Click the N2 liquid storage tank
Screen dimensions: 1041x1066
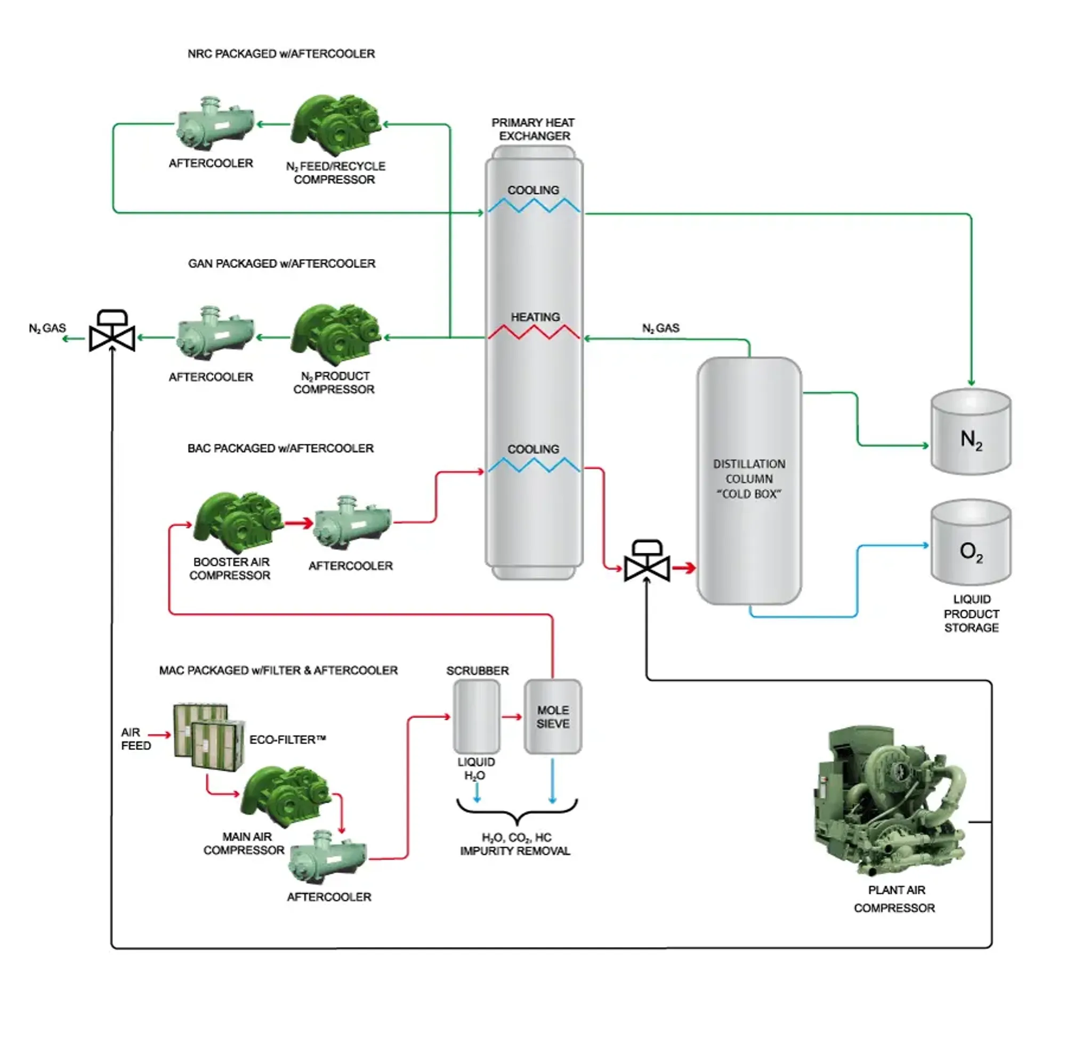tap(971, 432)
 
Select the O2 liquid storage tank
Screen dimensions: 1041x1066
tap(971, 543)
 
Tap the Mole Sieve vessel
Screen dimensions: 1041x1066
tap(552, 716)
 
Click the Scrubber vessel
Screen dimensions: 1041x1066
tap(476, 716)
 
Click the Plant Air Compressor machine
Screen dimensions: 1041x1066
tap(890, 801)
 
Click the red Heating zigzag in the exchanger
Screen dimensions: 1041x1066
tap(534, 332)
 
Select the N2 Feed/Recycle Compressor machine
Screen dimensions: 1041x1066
tap(336, 125)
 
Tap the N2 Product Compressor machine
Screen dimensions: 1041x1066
tap(336, 335)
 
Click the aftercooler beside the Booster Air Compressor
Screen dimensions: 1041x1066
tap(353, 524)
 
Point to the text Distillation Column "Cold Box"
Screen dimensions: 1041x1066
tap(748, 479)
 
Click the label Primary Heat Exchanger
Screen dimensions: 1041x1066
tap(533, 129)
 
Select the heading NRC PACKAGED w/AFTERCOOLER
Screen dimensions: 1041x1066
tap(281, 54)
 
